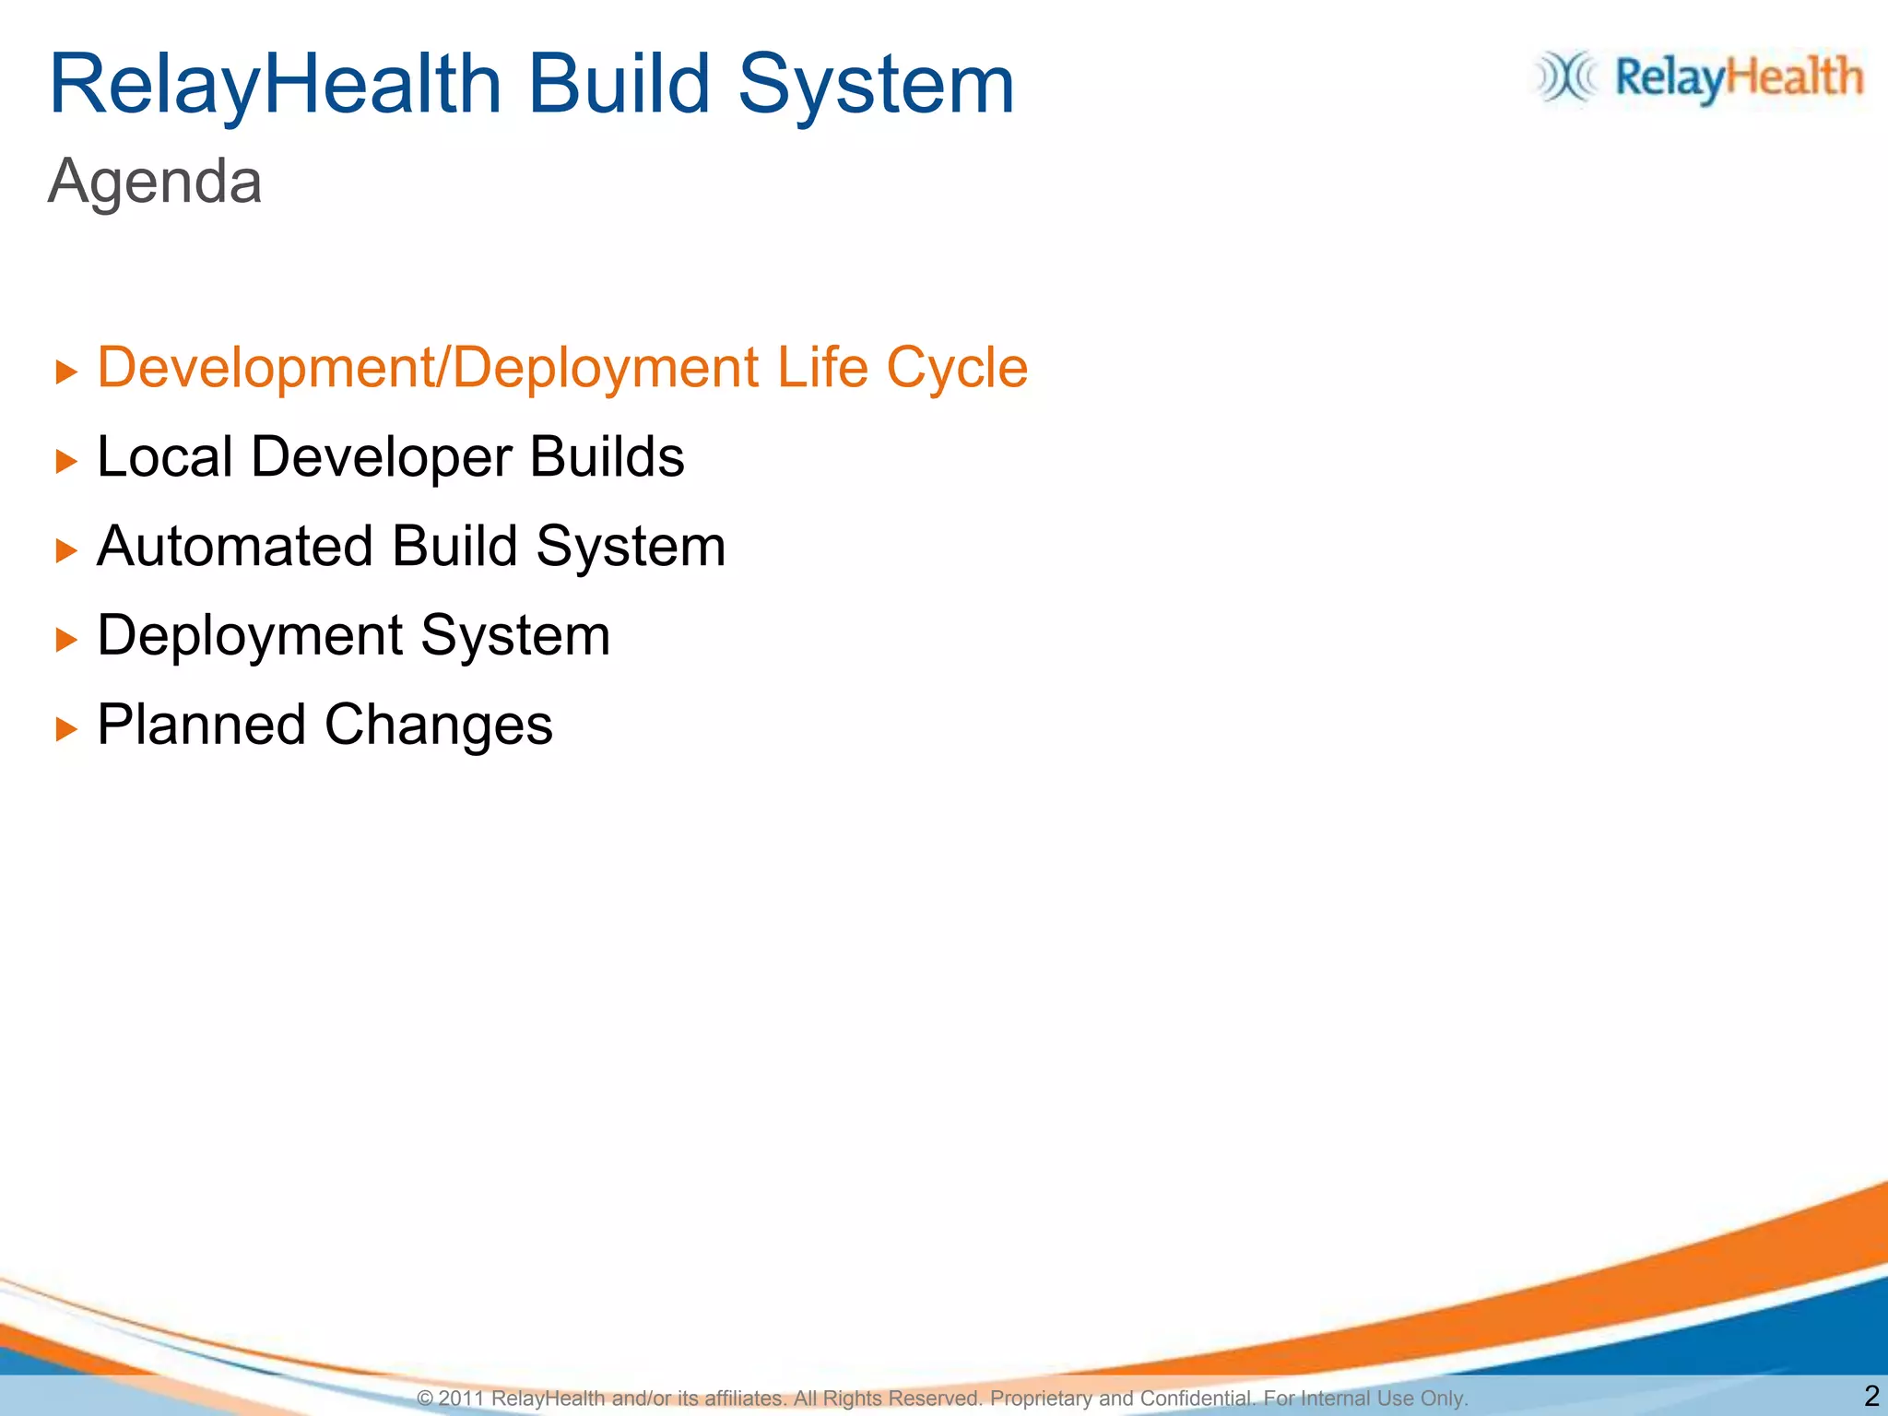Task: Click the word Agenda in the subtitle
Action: click(x=155, y=182)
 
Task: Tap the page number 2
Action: click(x=1870, y=1396)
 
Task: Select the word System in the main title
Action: click(x=876, y=85)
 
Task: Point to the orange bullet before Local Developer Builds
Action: click(x=66, y=461)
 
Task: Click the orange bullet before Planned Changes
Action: click(x=66, y=729)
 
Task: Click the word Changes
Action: click(x=438, y=726)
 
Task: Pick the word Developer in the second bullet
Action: click(x=381, y=458)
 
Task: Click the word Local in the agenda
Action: click(x=164, y=456)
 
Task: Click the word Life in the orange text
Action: click(x=821, y=367)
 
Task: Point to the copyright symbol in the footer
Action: click(x=425, y=1398)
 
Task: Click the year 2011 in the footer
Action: click(x=461, y=1398)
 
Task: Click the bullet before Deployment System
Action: click(x=66, y=640)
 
